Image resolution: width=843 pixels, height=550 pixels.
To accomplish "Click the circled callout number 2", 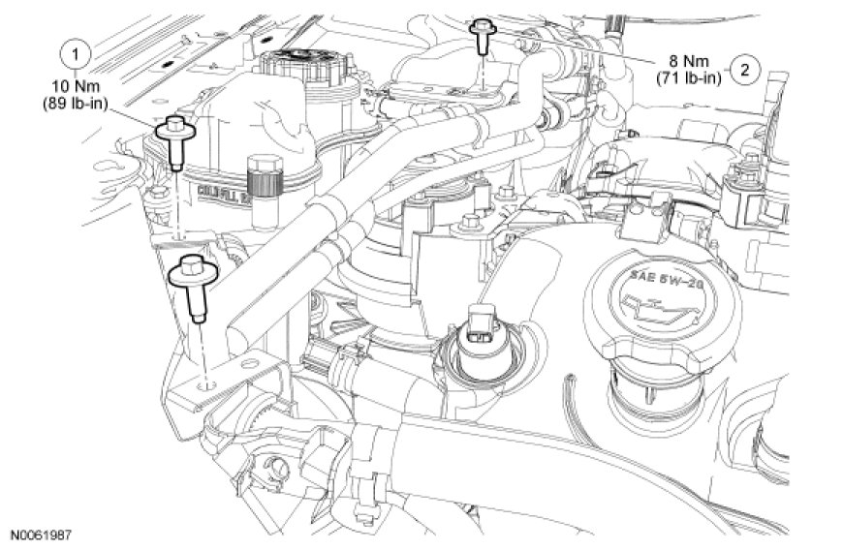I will pyautogui.click(x=743, y=69).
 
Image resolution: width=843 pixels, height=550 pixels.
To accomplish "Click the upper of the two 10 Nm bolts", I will pyautogui.click(x=174, y=136).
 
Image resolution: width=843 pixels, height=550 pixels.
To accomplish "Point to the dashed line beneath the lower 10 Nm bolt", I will pyautogui.click(x=200, y=349).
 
